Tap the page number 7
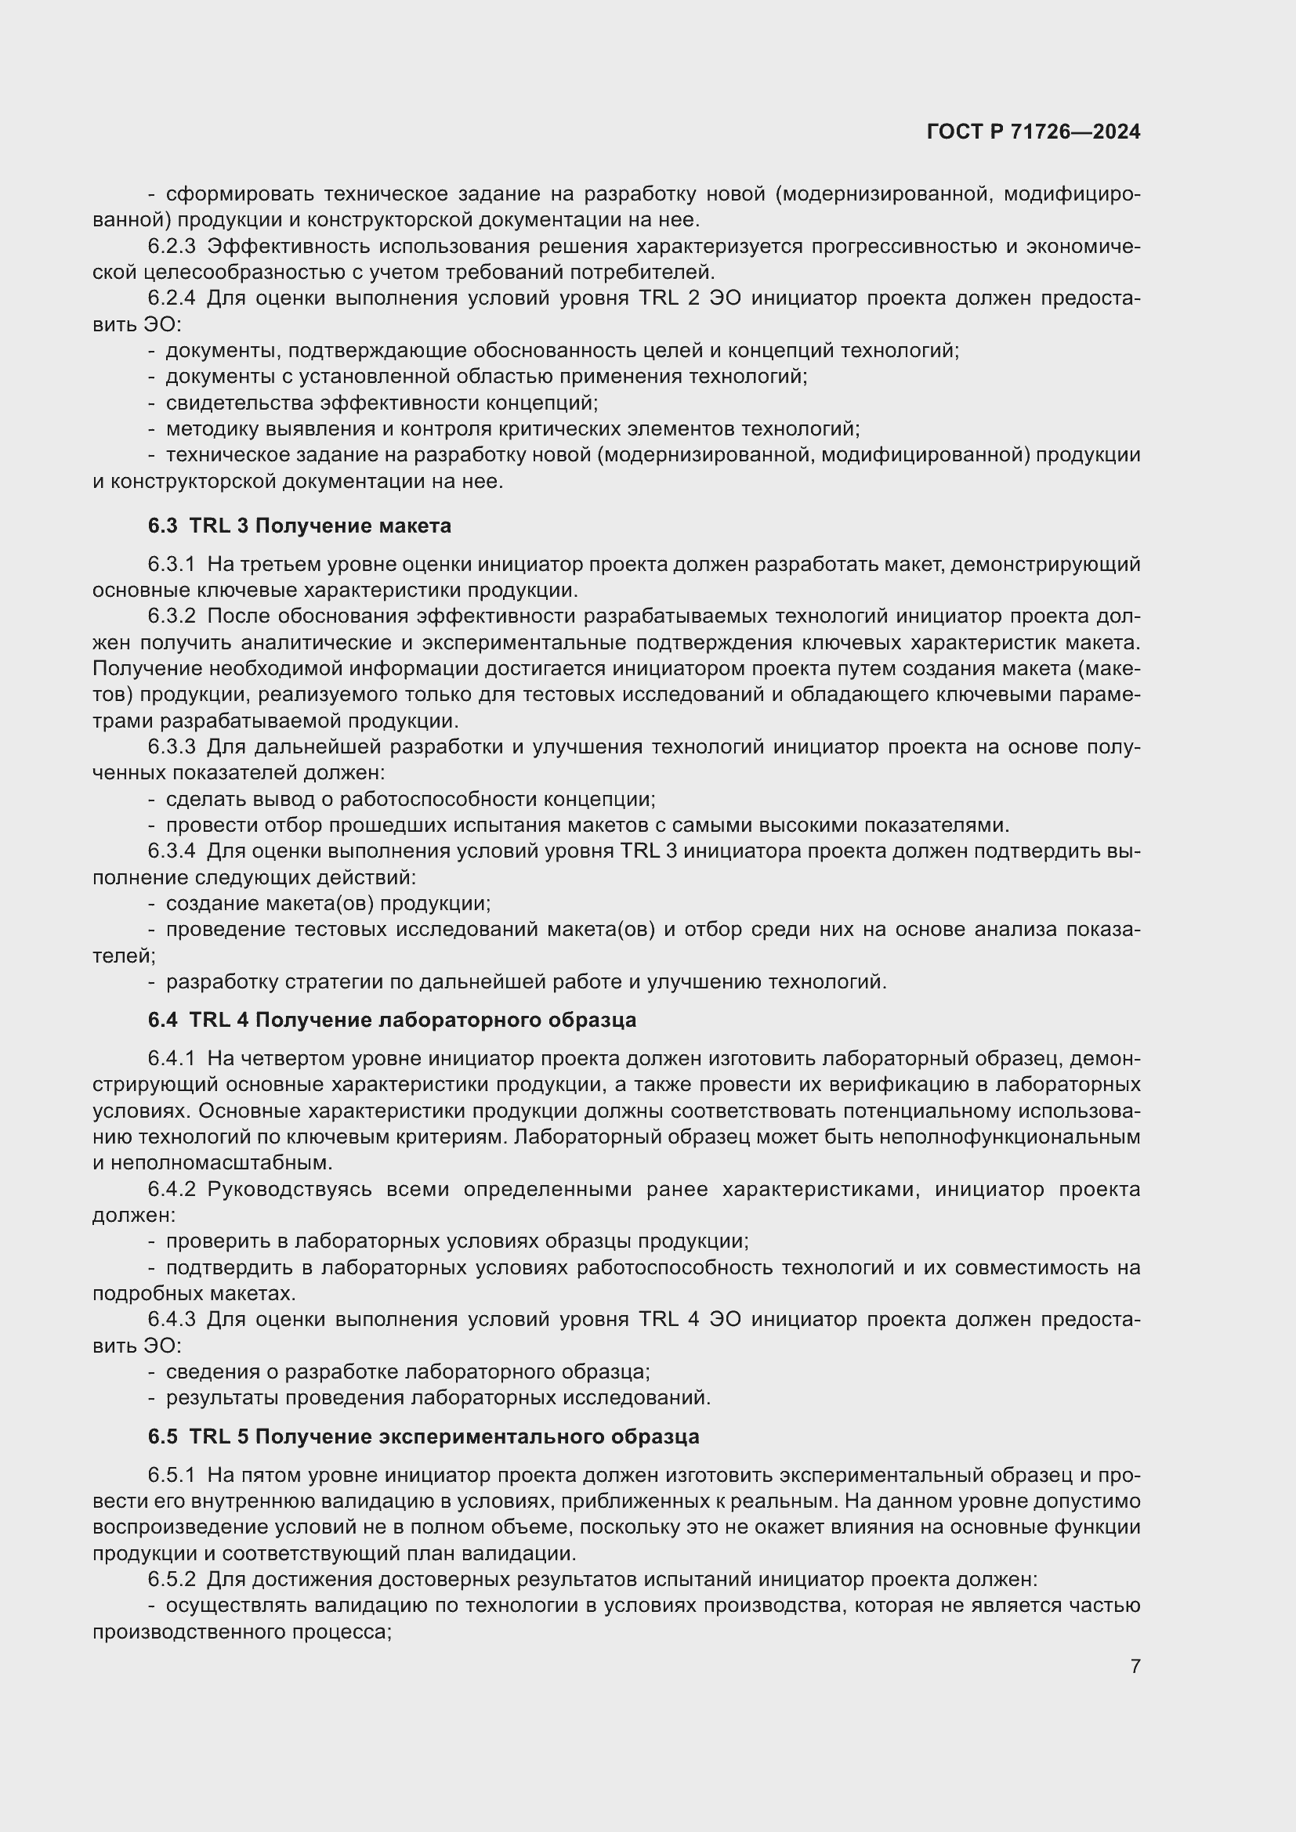pos(1135,1666)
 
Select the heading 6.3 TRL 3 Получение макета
pos(299,526)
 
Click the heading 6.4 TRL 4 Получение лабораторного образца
pos(392,1021)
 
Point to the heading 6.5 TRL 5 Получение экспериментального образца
pos(423,1437)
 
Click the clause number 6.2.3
pos(172,247)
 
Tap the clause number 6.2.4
pos(172,298)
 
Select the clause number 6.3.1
pos(172,565)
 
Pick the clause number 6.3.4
pos(172,851)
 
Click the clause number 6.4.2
pos(172,1190)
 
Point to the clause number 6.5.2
pos(172,1580)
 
